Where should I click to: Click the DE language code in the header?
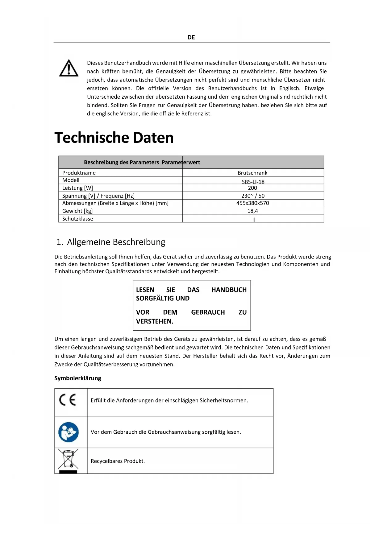tap(191, 37)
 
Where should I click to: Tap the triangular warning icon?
tap(69, 68)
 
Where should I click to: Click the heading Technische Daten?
tap(114, 138)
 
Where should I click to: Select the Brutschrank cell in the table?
tap(252, 173)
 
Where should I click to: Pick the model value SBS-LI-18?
tap(253, 182)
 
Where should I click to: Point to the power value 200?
tap(252, 188)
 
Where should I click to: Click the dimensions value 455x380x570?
tap(252, 203)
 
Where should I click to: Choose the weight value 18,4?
tap(252, 211)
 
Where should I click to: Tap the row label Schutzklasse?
tap(78, 219)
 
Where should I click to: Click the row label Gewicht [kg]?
tap(77, 211)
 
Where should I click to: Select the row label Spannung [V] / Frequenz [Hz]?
tap(98, 196)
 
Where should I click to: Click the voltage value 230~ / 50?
tap(253, 196)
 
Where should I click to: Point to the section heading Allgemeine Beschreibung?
tap(116, 242)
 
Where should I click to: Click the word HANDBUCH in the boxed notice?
tap(229, 290)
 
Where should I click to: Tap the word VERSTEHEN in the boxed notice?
tap(154, 321)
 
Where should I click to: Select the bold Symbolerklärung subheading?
tap(78, 378)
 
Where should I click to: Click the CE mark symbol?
tap(68, 400)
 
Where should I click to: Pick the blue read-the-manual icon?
tap(69, 432)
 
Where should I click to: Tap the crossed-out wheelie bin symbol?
tap(68, 460)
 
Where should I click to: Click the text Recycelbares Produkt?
tap(118, 461)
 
